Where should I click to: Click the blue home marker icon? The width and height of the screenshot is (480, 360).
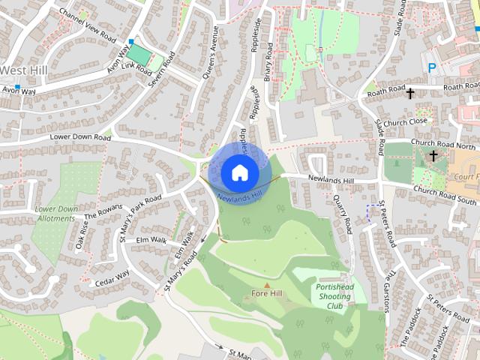[x=238, y=172]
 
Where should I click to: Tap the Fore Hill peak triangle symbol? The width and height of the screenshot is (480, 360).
[x=266, y=285]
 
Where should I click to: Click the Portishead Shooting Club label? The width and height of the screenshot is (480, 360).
[x=334, y=296]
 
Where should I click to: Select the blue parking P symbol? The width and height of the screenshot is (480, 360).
[x=432, y=68]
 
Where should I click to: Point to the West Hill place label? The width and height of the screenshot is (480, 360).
[x=22, y=70]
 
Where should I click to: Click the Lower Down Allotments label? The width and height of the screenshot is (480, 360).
[x=55, y=214]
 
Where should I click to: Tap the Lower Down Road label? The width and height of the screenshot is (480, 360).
[x=80, y=138]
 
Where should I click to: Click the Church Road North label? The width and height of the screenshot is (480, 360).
[x=445, y=145]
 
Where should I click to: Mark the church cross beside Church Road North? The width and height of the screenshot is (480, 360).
[x=433, y=156]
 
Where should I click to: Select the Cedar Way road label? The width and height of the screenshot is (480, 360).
[x=112, y=278]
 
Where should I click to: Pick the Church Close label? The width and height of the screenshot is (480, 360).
[x=406, y=121]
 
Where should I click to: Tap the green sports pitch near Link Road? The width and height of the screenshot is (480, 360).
[x=139, y=54]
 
